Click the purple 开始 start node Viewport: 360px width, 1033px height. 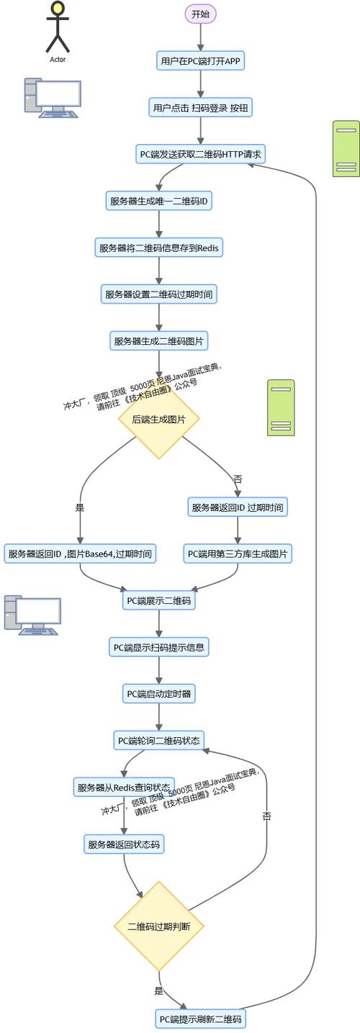pyautogui.click(x=200, y=14)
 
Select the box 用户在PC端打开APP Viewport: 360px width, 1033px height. pyautogui.click(x=201, y=61)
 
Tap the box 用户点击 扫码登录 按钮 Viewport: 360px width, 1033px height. pyautogui.click(x=201, y=108)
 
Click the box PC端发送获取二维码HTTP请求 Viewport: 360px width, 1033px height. pyautogui.click(x=201, y=154)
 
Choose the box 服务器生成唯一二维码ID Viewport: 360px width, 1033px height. pyautogui.click(x=158, y=201)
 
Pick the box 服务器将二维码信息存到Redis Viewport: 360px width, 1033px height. pyautogui.click(x=159, y=248)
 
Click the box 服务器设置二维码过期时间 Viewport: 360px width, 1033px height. pyautogui.click(x=159, y=294)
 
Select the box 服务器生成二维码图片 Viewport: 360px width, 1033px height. pyautogui.click(x=159, y=340)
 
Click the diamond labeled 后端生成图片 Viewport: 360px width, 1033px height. pyautogui.click(x=159, y=419)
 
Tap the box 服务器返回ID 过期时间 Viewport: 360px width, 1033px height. pyautogui.click(x=238, y=507)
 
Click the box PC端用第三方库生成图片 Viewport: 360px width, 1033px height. pyautogui.click(x=238, y=554)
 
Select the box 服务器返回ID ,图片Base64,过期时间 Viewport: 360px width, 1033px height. pyautogui.click(x=80, y=554)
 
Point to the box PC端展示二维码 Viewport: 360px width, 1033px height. pyautogui.click(x=159, y=600)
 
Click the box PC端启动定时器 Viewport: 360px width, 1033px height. pyautogui.click(x=159, y=694)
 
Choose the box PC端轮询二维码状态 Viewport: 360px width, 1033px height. pyautogui.click(x=159, y=740)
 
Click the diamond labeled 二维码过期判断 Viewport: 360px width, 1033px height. pyautogui.click(x=159, y=926)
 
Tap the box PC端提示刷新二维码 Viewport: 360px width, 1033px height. pyautogui.click(x=201, y=1019)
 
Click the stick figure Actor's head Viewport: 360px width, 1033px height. pyautogui.click(x=58, y=9)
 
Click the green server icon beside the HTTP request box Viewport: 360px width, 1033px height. pyautogui.click(x=346, y=148)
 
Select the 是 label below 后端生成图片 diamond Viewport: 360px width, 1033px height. pyautogui.click(x=80, y=507)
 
